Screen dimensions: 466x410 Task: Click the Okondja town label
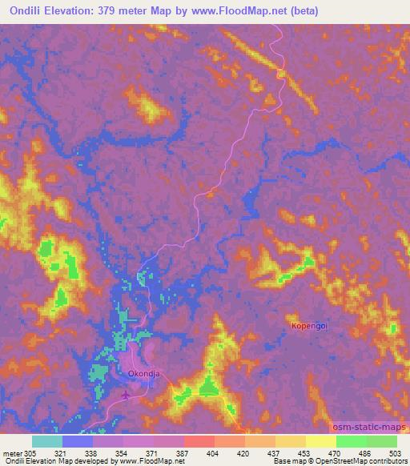coord(144,373)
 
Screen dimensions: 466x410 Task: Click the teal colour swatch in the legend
coord(47,441)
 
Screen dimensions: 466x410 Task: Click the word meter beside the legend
coord(13,452)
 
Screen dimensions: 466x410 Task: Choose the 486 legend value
coord(366,452)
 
